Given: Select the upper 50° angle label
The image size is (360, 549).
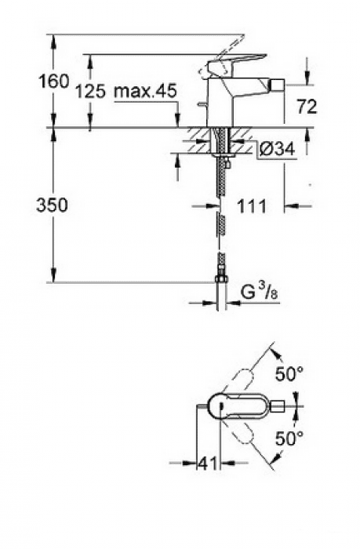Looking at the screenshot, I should click(x=288, y=374).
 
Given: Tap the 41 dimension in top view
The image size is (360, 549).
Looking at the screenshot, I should click(x=205, y=464).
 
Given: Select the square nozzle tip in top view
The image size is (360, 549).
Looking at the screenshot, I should click(x=279, y=405).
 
